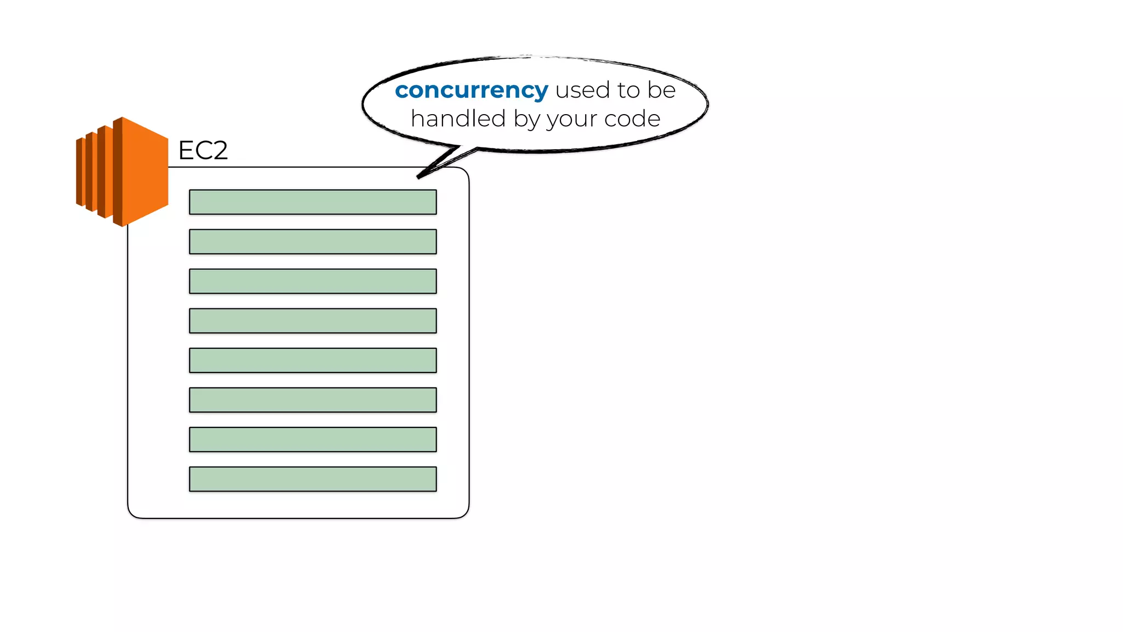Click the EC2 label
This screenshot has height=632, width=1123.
tap(203, 150)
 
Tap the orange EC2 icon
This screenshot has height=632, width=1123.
tap(122, 172)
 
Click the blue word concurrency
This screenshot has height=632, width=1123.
tap(471, 90)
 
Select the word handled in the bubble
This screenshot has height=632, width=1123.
tap(458, 119)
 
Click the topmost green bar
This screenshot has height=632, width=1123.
tap(313, 202)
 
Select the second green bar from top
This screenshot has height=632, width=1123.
tap(313, 241)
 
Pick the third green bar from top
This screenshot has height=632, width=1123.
tap(313, 281)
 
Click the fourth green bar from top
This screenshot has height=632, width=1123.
tap(313, 320)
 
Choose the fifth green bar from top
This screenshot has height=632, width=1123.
tap(313, 360)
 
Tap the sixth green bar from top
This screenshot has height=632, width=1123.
tap(313, 400)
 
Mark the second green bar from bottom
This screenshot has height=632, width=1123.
tap(313, 439)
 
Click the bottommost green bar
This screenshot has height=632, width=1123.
tap(313, 479)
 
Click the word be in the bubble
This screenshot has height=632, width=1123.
tap(661, 90)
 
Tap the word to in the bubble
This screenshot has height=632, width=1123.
tap(628, 90)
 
